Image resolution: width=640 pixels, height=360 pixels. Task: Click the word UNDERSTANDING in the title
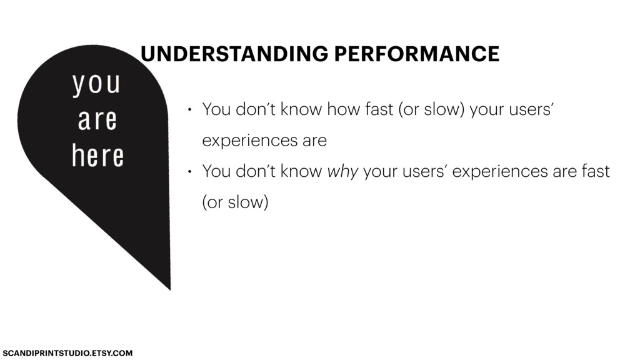click(234, 54)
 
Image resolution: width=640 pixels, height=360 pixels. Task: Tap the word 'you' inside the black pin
click(96, 84)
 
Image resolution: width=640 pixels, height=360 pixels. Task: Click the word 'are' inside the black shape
click(97, 119)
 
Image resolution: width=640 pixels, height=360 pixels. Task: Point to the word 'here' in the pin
click(97, 155)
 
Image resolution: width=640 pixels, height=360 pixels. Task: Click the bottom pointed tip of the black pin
click(170, 289)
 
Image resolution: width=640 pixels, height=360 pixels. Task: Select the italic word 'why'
click(342, 172)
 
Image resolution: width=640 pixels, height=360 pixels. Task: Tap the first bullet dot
click(189, 110)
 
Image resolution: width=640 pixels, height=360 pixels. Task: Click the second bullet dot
click(189, 172)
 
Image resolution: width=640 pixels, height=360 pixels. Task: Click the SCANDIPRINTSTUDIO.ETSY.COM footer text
click(67, 353)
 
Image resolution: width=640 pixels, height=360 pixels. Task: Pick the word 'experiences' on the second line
click(250, 141)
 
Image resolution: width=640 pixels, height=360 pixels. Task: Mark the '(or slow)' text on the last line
click(235, 202)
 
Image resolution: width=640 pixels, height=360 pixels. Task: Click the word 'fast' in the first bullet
click(379, 109)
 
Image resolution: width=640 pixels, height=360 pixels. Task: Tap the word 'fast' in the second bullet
click(596, 171)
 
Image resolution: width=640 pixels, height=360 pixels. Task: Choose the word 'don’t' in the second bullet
click(256, 171)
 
